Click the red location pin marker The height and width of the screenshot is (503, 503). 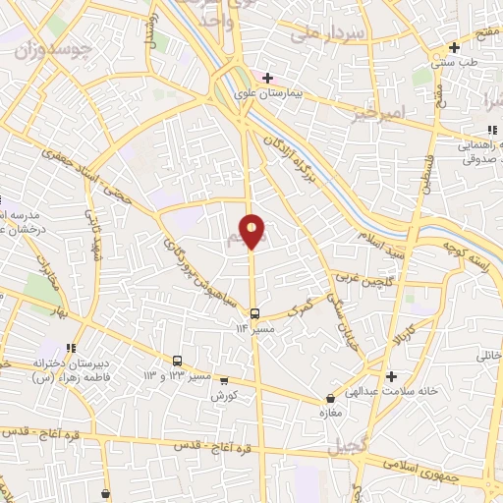coord(252,232)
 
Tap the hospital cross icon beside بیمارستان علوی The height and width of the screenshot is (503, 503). coord(267,77)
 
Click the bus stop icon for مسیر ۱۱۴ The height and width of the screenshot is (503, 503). coord(255,313)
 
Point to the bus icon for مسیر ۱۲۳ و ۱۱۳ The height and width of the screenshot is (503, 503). coord(178,361)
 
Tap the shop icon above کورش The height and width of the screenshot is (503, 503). coord(225,381)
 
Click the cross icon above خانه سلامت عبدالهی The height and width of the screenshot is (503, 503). coord(391,376)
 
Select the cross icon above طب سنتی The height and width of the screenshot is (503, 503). coord(454,47)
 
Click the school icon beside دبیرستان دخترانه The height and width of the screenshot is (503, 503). coord(70,349)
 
